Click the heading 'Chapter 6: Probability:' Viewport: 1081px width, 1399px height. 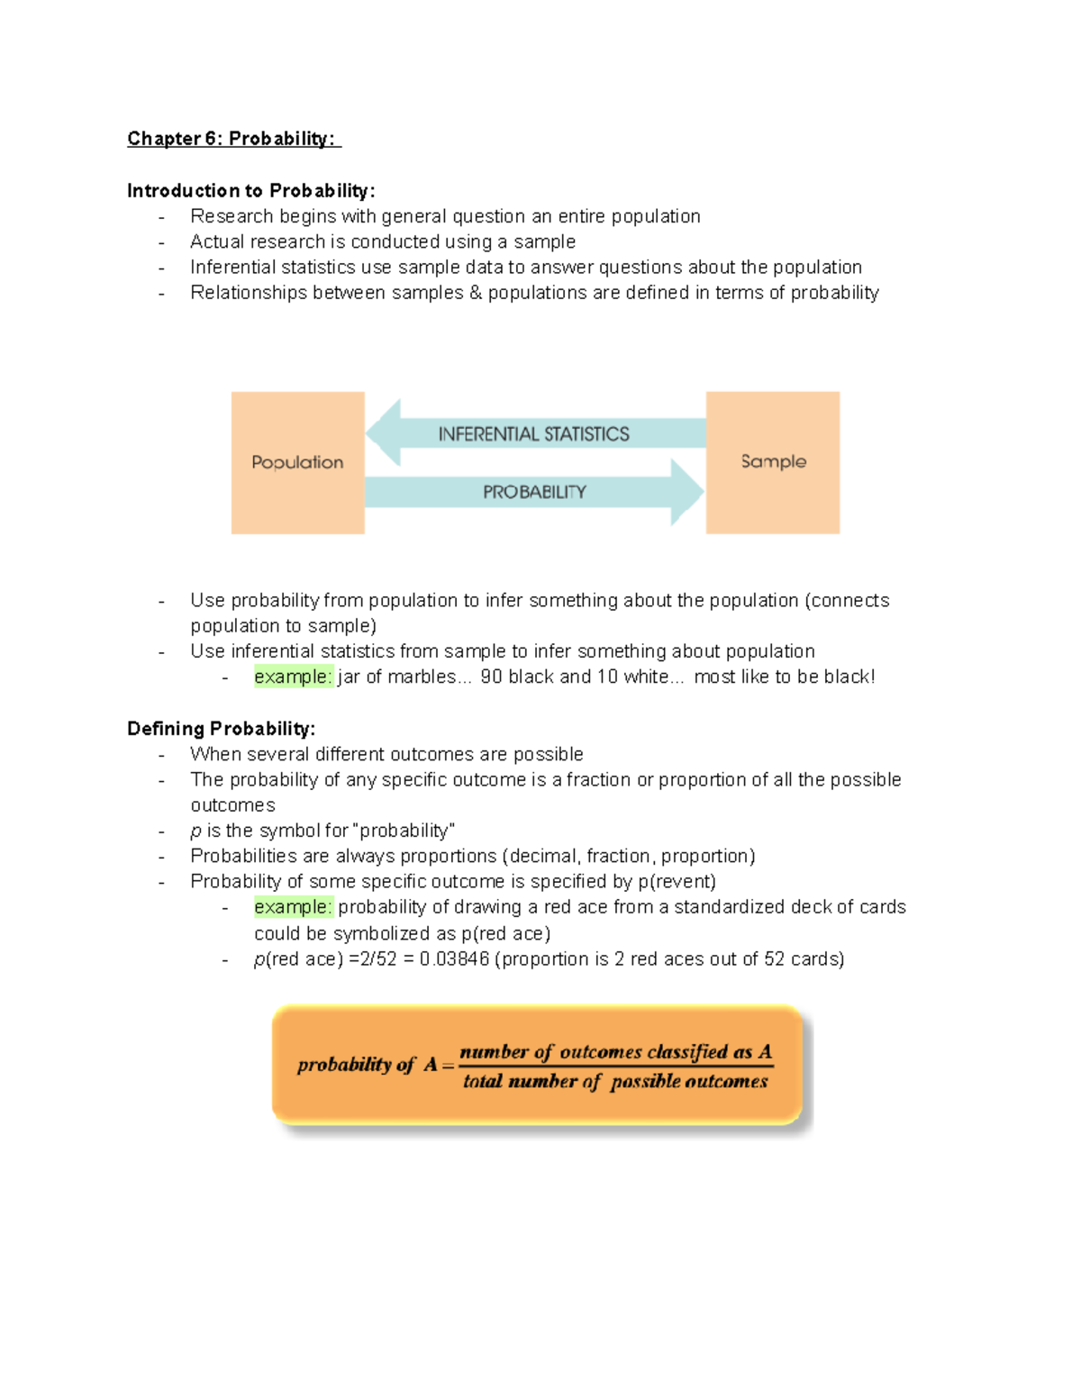(232, 139)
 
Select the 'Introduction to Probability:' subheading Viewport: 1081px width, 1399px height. (250, 191)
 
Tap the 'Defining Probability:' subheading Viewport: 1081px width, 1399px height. (221, 729)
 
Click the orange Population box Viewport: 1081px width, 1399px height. (297, 462)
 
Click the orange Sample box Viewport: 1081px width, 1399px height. (773, 462)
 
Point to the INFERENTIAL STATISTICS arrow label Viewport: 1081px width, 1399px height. (533, 434)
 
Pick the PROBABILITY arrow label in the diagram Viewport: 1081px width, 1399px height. (534, 492)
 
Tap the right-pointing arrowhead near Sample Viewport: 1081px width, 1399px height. (686, 492)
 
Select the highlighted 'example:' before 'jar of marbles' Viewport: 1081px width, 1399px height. (293, 677)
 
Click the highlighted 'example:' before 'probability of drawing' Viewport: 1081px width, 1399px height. (293, 907)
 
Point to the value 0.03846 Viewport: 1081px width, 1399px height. (454, 959)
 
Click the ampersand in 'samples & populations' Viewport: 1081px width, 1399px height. (476, 293)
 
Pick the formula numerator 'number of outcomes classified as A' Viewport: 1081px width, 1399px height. (615, 1051)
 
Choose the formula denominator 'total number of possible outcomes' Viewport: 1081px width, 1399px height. (615, 1081)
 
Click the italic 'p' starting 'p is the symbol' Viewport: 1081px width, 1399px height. (195, 831)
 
